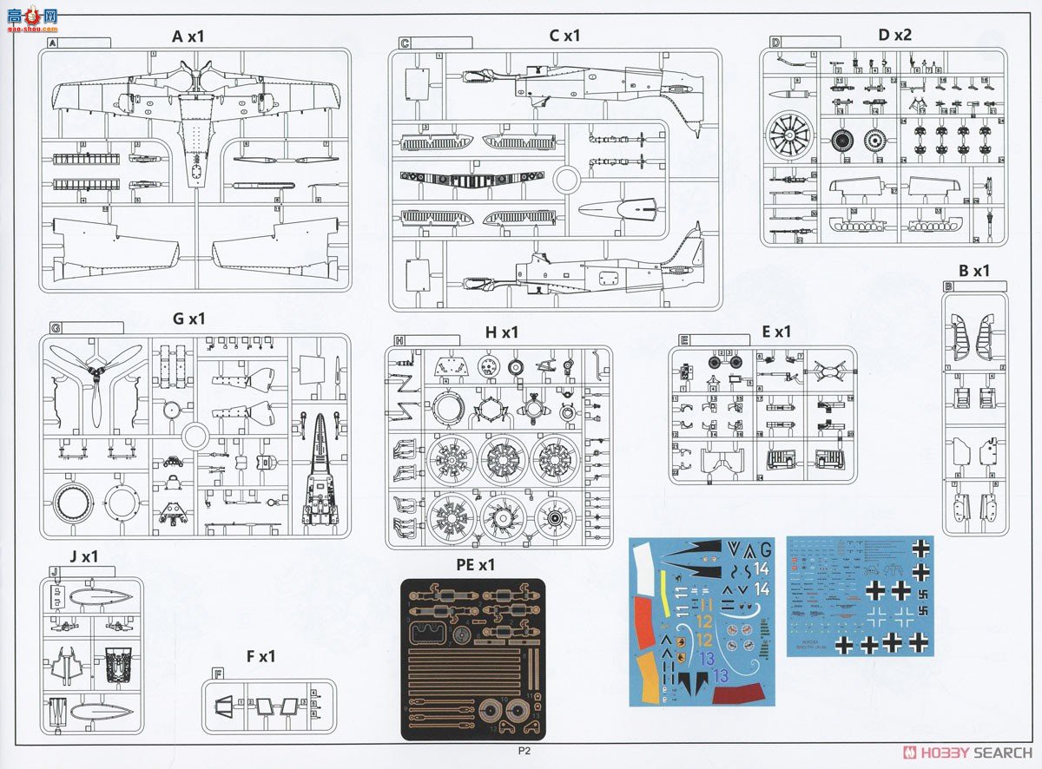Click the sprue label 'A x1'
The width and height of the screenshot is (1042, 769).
tap(188, 36)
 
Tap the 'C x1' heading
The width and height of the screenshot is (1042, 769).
tap(564, 36)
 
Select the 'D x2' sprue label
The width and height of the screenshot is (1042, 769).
tap(894, 35)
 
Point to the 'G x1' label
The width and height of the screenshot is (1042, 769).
tap(188, 319)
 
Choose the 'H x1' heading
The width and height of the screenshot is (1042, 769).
tap(501, 332)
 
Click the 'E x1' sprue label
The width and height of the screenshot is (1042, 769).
tap(775, 332)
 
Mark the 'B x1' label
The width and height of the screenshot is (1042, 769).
tap(973, 271)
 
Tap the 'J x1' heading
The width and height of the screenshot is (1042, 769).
tap(84, 557)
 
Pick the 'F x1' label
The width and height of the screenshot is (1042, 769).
tap(260, 656)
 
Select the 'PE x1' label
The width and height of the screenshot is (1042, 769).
tap(475, 565)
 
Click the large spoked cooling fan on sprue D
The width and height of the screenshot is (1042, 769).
tap(790, 138)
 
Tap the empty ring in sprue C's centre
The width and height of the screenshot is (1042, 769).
tap(566, 181)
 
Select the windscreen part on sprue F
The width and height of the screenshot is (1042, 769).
tap(225, 705)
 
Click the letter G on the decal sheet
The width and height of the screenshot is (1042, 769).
tap(764, 549)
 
